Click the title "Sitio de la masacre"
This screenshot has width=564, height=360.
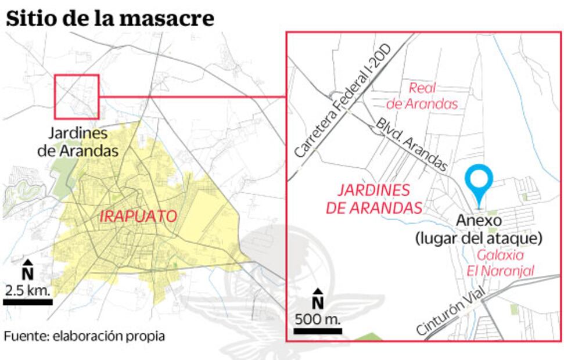(x=110, y=18)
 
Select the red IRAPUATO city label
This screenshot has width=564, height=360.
(x=138, y=217)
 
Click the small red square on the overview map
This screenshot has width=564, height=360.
(x=77, y=96)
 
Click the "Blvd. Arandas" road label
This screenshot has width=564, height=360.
(x=412, y=145)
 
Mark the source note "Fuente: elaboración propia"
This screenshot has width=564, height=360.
(x=84, y=336)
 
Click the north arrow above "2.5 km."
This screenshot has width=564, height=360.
(x=27, y=269)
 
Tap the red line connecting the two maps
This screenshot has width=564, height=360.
(x=192, y=96)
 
